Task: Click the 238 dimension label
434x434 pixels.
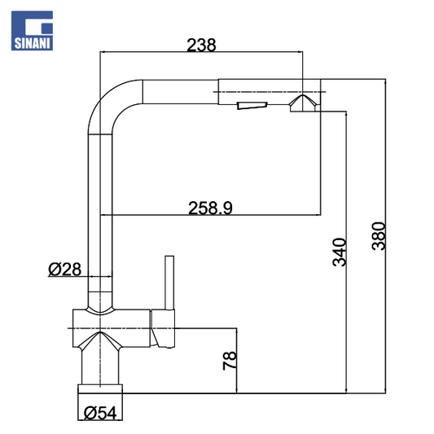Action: coord(201,45)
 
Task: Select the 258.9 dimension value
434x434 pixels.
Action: coord(210,208)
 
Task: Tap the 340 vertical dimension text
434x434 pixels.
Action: coord(340,252)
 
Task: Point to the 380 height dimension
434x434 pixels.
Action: coord(379,236)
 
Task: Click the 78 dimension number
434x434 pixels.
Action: coord(230,361)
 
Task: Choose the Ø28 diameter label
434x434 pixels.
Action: coord(65,270)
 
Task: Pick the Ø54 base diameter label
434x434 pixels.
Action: coord(100,414)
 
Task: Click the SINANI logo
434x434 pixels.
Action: coord(32,31)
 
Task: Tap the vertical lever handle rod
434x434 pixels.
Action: coord(169,283)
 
